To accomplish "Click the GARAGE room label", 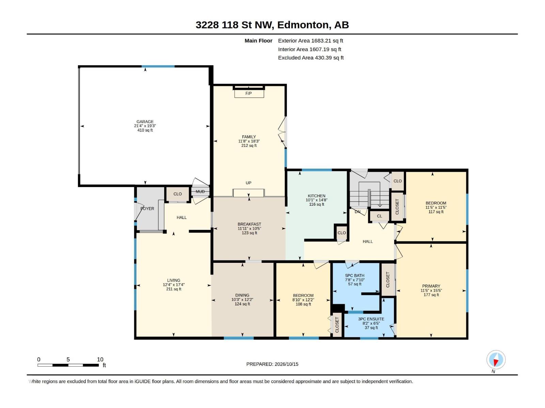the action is coord(145,122).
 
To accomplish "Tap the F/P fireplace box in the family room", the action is coord(249,93).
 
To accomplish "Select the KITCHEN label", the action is coord(316,196).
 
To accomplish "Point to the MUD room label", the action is coord(200,191).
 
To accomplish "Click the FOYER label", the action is coord(147,208).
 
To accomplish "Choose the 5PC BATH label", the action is coord(355,275).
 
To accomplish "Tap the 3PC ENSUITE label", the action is coord(371,319).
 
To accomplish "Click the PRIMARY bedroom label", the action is coord(431,286).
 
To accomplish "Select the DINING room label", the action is coord(242,295).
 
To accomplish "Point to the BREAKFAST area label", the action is coord(249,224).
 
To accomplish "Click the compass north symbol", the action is coord(496,360).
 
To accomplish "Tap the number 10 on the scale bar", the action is coord(100,359).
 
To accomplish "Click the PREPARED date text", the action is coord(272,364).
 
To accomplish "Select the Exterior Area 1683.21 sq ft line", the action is coord(310,40).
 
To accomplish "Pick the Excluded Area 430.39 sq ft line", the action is coord(311,58).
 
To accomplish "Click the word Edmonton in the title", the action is coord(304,25).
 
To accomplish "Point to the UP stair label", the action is coord(249,183).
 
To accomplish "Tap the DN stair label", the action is coord(358,212).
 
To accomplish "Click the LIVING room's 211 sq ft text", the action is coord(174,289).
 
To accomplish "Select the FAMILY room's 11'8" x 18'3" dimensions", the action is coord(249,141).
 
